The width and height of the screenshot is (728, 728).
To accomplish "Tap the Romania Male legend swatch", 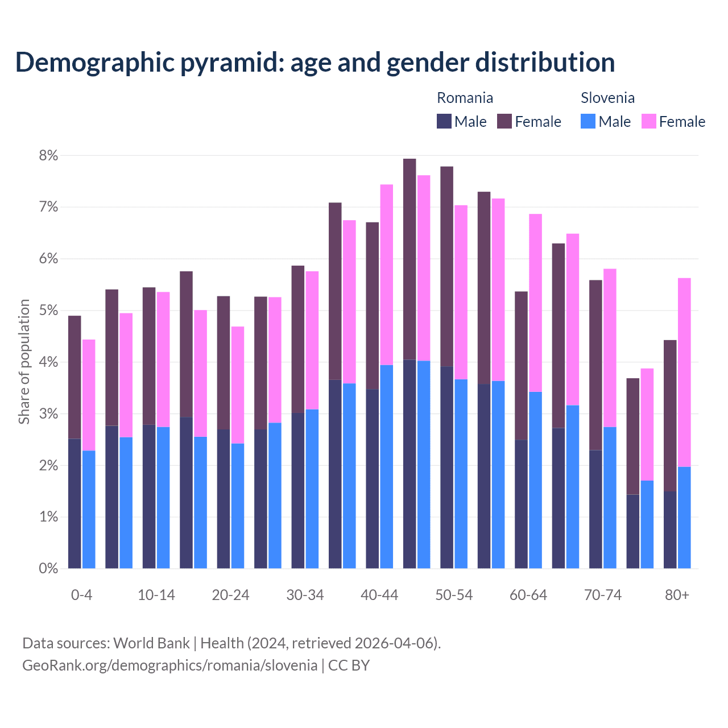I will point(444,122).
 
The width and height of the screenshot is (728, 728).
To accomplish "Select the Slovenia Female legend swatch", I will point(648,122).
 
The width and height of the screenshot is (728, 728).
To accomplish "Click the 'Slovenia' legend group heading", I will point(607,98).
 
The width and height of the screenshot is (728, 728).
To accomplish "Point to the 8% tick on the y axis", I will point(49,156).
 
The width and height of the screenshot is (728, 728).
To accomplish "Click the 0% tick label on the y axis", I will point(49,569).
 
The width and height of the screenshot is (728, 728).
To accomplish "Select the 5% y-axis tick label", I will point(49,311).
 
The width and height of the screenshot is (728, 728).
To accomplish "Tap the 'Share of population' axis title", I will point(24,362).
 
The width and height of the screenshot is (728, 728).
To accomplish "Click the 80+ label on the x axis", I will point(677,595).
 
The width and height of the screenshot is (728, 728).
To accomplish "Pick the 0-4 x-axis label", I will point(81,595).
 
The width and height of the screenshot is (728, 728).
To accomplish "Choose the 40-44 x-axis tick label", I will point(379,595).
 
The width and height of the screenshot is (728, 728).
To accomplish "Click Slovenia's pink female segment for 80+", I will point(684,373).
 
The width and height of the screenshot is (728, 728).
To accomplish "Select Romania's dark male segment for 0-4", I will point(75,503).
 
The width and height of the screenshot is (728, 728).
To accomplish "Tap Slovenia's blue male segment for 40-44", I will point(387,466).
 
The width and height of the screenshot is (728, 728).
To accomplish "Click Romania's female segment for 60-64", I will point(521,366).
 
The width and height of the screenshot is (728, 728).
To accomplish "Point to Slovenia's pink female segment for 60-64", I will point(536,303).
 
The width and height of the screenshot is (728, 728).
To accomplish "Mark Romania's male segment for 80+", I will point(670,530).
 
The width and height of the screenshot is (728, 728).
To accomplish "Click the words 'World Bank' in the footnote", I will point(151,643).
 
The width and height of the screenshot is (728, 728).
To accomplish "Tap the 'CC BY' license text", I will point(349,665).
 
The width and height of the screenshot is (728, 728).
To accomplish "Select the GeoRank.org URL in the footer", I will point(169,665).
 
